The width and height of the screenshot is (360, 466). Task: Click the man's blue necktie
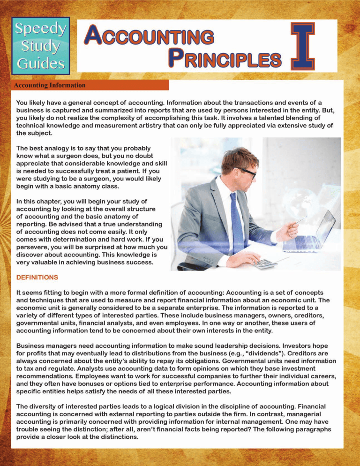tap(237, 220)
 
